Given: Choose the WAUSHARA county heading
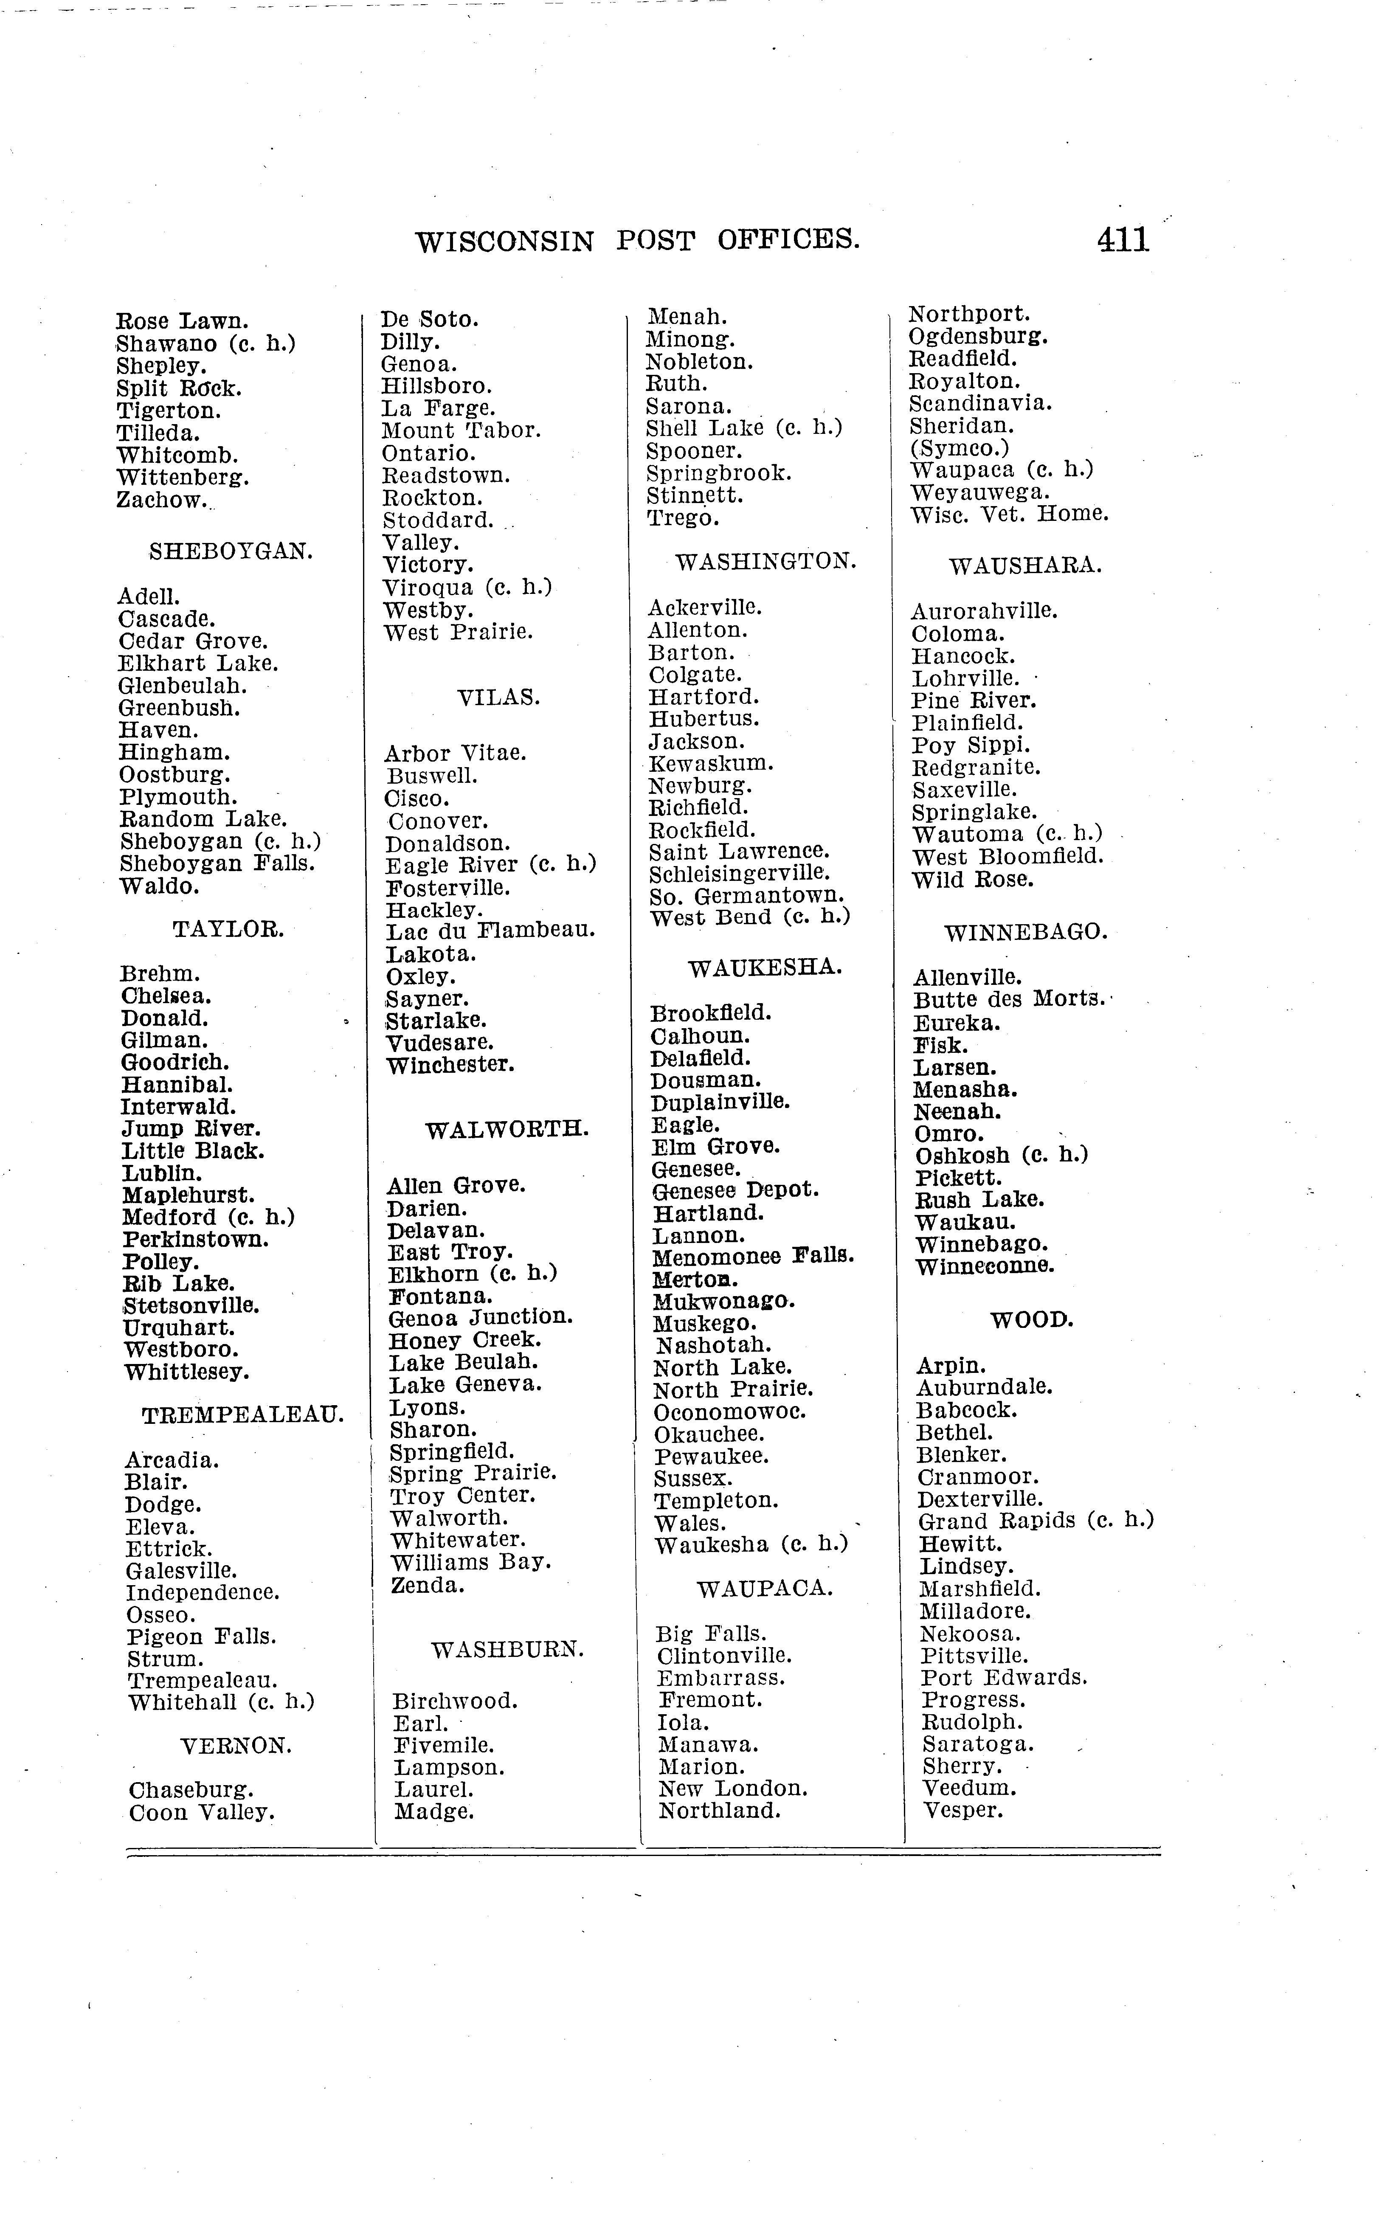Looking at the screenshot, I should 1025,566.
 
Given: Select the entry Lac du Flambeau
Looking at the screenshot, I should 491,931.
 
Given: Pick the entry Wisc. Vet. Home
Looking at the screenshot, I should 1009,515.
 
